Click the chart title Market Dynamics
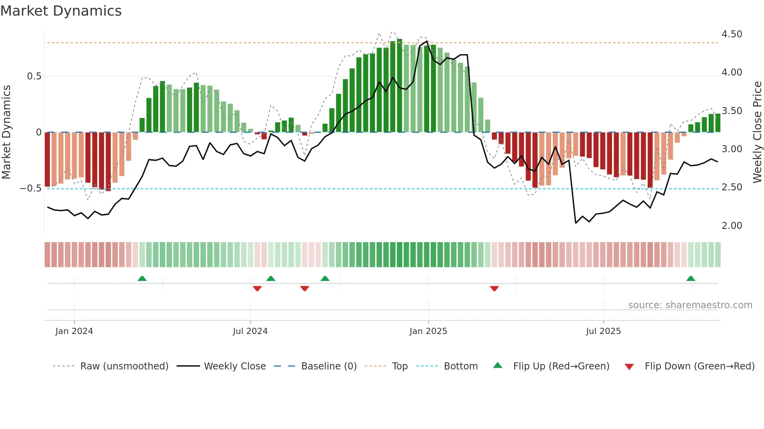tap(61, 11)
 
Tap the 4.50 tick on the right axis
tap(732, 34)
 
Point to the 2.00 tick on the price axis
tap(732, 226)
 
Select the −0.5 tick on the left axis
tap(31, 188)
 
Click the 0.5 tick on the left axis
tap(34, 76)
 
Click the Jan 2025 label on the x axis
tap(428, 331)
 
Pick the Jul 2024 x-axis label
tap(250, 331)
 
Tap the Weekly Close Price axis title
tap(757, 132)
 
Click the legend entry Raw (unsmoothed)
tap(124, 366)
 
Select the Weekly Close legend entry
tap(235, 366)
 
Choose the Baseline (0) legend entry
tap(329, 366)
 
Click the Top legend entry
tap(400, 366)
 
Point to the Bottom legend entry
tap(460, 366)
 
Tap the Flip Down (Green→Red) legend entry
tap(699, 366)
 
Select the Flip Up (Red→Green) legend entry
tap(561, 366)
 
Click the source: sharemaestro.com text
tap(690, 305)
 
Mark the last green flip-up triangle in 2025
tap(690, 278)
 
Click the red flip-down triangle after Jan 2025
tap(494, 288)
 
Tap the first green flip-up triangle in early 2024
tap(142, 278)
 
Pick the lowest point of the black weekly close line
tap(576, 223)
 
